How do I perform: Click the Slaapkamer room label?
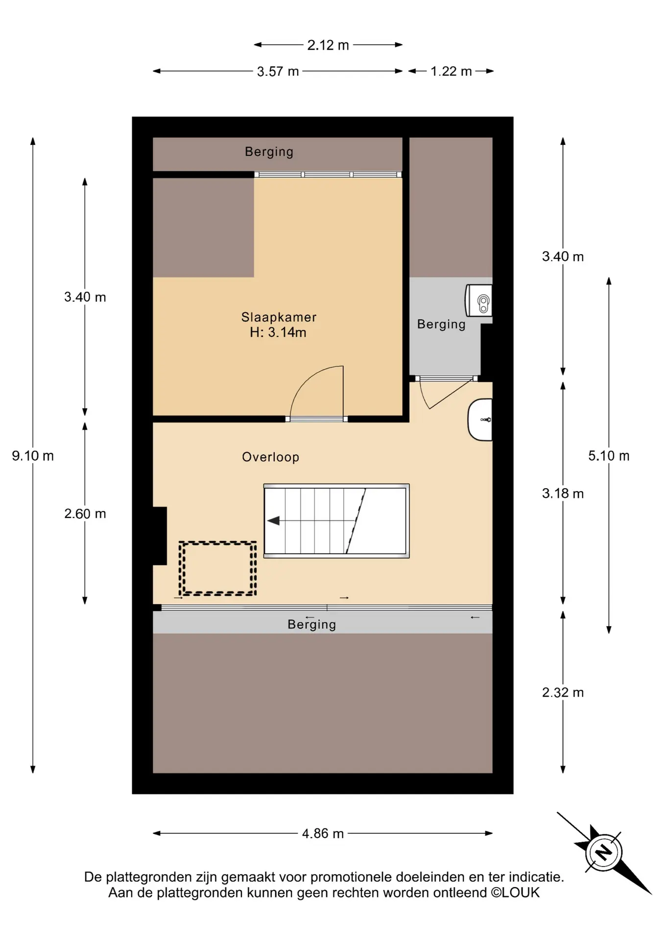(x=279, y=317)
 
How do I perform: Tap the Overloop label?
(x=270, y=457)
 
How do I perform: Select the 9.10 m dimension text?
(x=33, y=456)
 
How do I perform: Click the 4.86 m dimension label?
(x=323, y=833)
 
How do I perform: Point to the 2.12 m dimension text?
(x=328, y=45)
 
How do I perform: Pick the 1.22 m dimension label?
(x=451, y=71)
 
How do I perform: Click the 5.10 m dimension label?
(x=609, y=456)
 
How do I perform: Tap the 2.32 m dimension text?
(x=563, y=692)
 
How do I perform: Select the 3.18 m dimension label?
(x=563, y=493)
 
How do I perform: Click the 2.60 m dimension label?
(x=85, y=514)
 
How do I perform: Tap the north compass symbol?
(x=604, y=852)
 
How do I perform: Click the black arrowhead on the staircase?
(x=273, y=520)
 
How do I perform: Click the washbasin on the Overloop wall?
(x=480, y=420)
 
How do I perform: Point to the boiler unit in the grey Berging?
(x=478, y=301)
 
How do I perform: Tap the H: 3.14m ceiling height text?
(x=278, y=332)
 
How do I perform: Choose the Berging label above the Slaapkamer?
(x=269, y=152)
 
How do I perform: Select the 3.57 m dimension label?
(x=278, y=71)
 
